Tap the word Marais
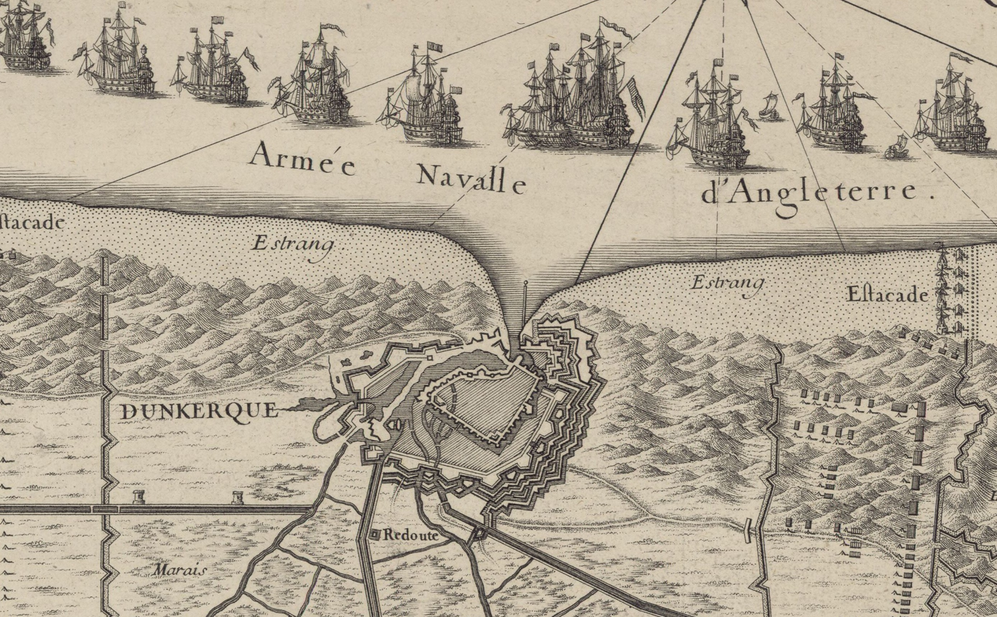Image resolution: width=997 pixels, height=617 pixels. coord(179,570)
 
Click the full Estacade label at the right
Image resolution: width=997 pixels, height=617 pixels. coord(888,295)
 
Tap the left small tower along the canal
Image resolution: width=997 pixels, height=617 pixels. coord(139,497)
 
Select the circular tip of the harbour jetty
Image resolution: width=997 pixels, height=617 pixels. coord(526,283)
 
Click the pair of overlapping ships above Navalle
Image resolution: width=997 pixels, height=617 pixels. coord(574,97)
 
